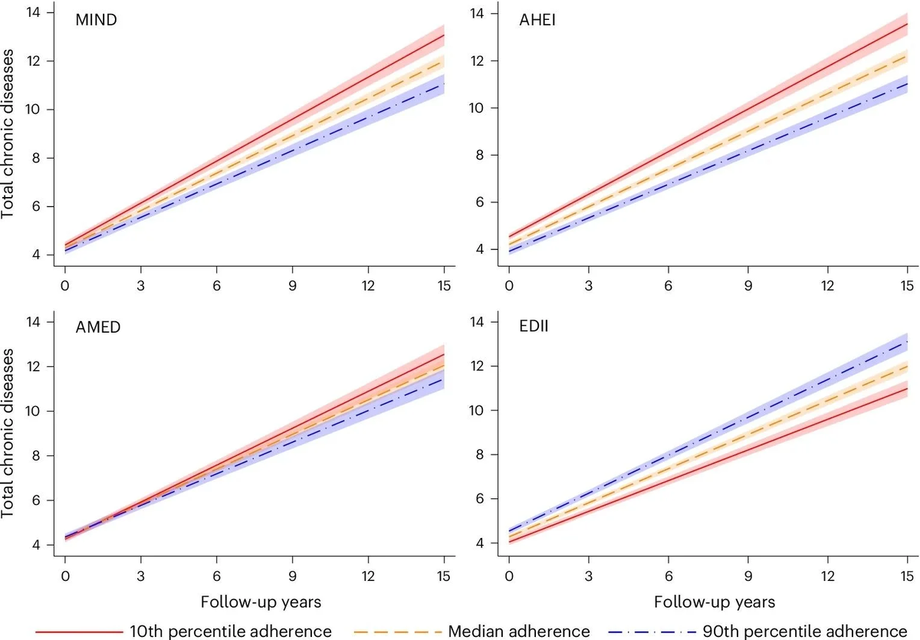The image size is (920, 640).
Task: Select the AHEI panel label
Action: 537,21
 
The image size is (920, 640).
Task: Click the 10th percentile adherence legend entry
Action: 183,631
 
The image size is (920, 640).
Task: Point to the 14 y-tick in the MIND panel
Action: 34,13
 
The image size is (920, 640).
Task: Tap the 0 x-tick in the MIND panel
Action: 65,285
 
